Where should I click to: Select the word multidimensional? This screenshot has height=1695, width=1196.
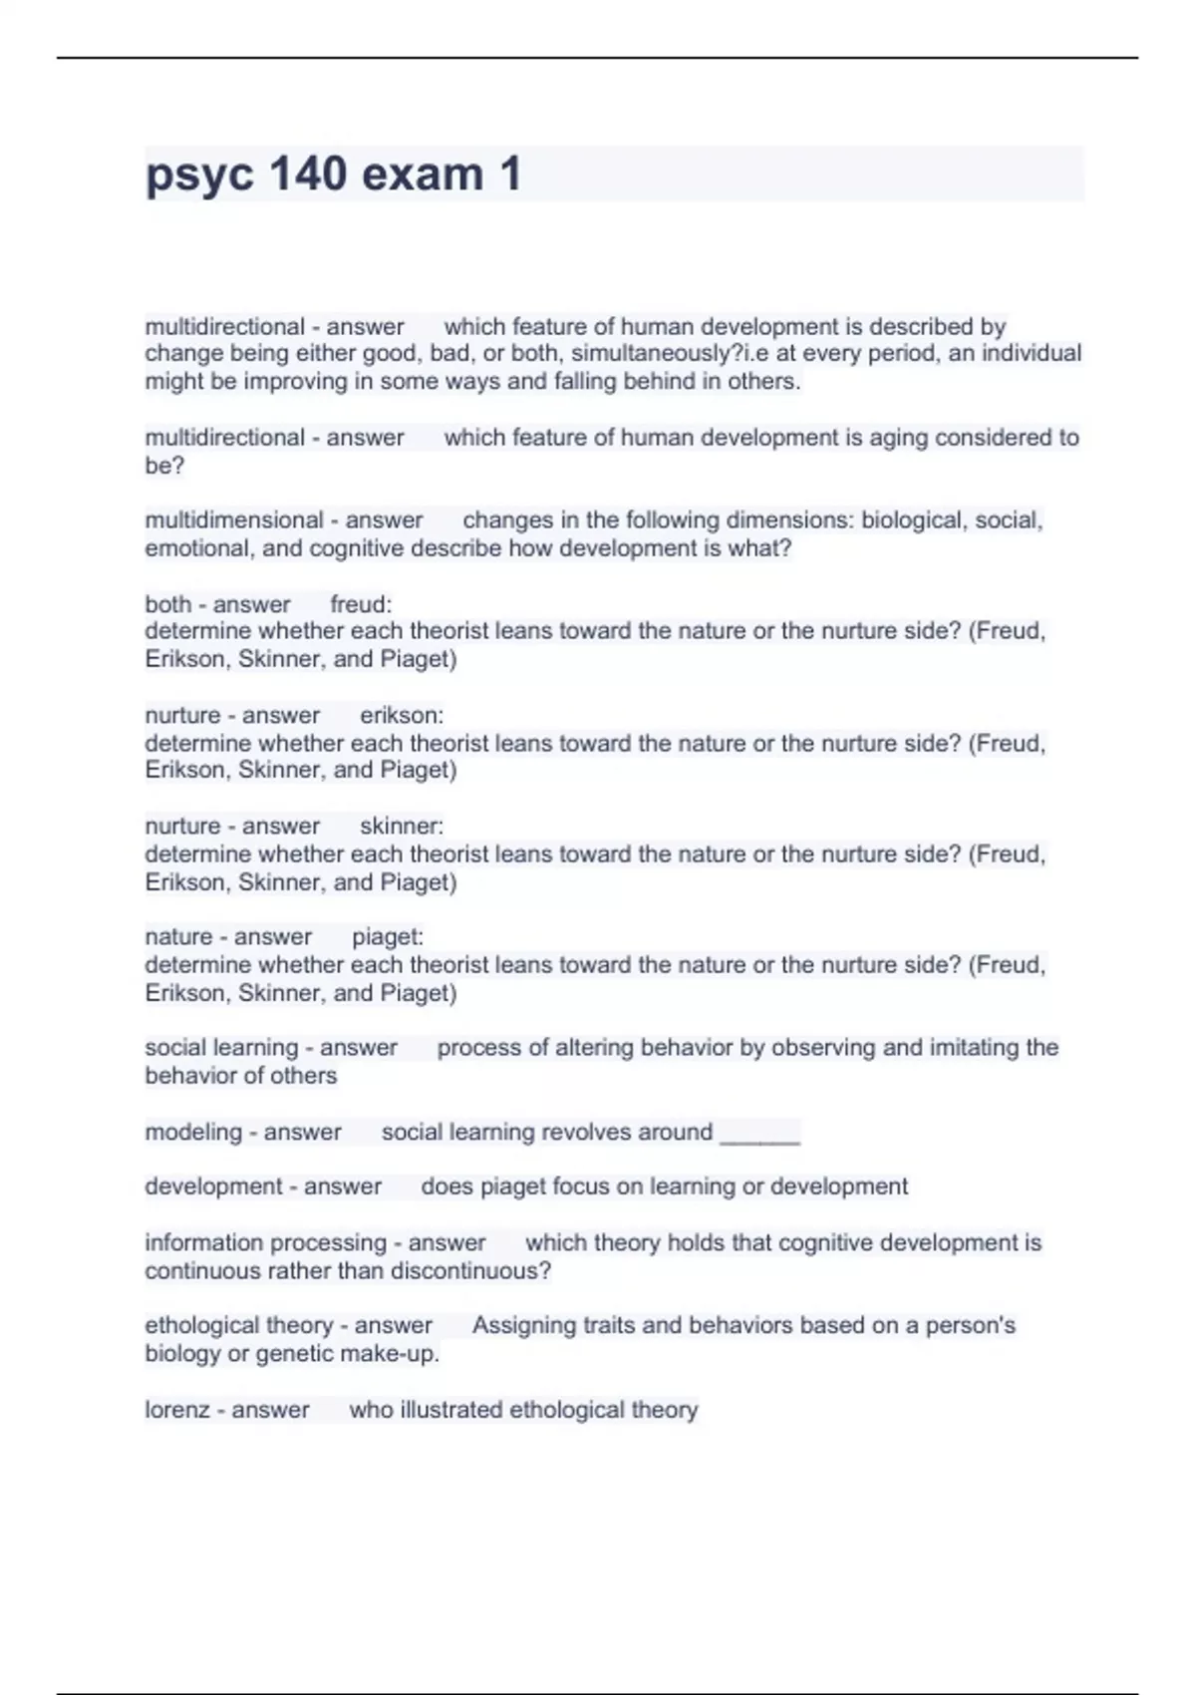click(233, 520)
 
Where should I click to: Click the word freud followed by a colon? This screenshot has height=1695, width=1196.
click(361, 604)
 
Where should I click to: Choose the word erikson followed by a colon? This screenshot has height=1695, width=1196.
click(402, 716)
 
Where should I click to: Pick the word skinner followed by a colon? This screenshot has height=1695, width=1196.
click(402, 827)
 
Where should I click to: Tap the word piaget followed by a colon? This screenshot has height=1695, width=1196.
click(388, 937)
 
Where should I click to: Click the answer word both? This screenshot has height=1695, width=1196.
click(168, 604)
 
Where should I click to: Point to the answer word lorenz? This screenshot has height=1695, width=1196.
click(177, 1410)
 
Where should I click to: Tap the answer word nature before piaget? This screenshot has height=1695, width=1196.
click(175, 937)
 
